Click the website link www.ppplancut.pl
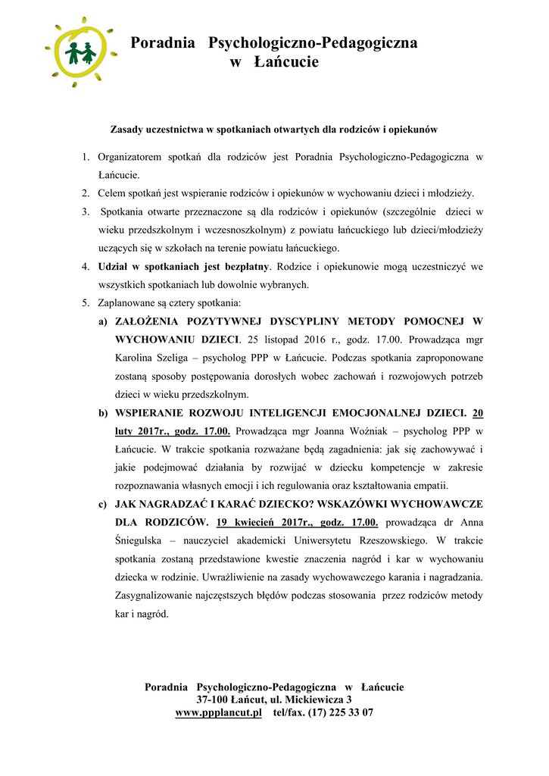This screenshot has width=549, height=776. click(218, 712)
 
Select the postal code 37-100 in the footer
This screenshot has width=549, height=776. click(214, 699)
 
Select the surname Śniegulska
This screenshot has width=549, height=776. click(145, 540)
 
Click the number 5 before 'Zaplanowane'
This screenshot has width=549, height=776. click(85, 303)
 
